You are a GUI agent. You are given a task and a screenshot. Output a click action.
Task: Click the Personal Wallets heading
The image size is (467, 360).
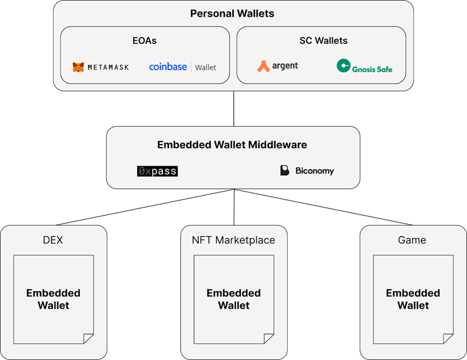tap(232, 13)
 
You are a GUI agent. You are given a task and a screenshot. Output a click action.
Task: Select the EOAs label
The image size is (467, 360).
tap(145, 40)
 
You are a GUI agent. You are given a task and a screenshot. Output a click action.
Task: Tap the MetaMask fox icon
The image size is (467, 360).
tap(78, 67)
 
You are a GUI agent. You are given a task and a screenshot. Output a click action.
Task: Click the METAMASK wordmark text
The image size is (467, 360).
tap(109, 67)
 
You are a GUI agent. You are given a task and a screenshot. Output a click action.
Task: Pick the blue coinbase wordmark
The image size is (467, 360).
tap(168, 67)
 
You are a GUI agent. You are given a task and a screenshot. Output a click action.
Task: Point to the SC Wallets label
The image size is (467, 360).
tap(323, 40)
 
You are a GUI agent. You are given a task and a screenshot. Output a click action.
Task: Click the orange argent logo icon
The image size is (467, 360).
tap(263, 66)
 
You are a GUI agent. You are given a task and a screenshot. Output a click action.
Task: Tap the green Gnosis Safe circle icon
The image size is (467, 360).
tap(343, 65)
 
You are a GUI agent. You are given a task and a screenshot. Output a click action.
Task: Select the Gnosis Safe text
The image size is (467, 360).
tap(372, 70)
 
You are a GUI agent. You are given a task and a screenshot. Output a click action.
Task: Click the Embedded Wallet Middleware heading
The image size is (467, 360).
tap(232, 145)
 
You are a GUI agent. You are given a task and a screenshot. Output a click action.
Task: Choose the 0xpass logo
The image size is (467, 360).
tap(157, 171)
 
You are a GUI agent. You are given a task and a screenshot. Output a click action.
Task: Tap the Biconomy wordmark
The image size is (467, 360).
tap(315, 171)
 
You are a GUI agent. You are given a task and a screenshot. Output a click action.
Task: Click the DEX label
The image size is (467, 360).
tap(53, 240)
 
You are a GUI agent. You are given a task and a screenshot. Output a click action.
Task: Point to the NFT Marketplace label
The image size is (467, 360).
tap(233, 240)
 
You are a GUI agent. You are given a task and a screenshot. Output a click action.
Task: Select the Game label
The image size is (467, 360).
tap(412, 240)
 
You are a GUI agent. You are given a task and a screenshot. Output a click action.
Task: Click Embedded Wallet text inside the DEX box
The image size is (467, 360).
tap(53, 299)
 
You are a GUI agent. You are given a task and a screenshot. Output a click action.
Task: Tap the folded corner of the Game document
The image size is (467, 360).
tap(448, 338)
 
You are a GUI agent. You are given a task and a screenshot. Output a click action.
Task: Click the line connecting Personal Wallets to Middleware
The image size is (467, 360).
tap(234, 108)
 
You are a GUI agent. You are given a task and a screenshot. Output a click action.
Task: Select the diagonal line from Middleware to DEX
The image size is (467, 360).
tap(145, 207)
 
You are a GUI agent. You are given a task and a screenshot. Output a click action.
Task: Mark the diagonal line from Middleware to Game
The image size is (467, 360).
tap(324, 207)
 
